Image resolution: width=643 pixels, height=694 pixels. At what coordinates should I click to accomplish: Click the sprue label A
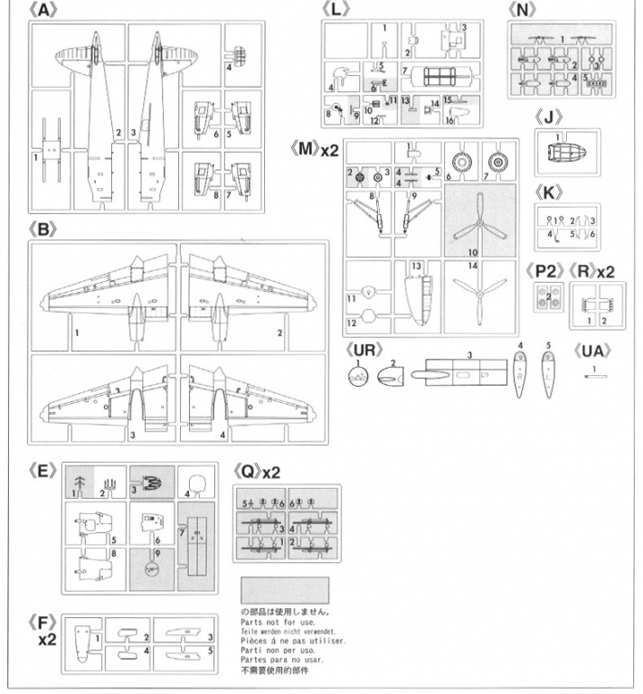pos(42,11)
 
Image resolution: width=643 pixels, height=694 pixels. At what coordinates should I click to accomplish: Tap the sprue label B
pos(42,230)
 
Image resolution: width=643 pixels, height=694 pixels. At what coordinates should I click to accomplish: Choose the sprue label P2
pos(548,270)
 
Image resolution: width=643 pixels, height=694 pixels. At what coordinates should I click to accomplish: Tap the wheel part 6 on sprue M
pos(464,164)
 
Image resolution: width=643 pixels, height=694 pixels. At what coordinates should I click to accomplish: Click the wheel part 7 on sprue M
pos(497,164)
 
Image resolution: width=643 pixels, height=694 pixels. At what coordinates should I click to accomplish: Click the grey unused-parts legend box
pos(286,590)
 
